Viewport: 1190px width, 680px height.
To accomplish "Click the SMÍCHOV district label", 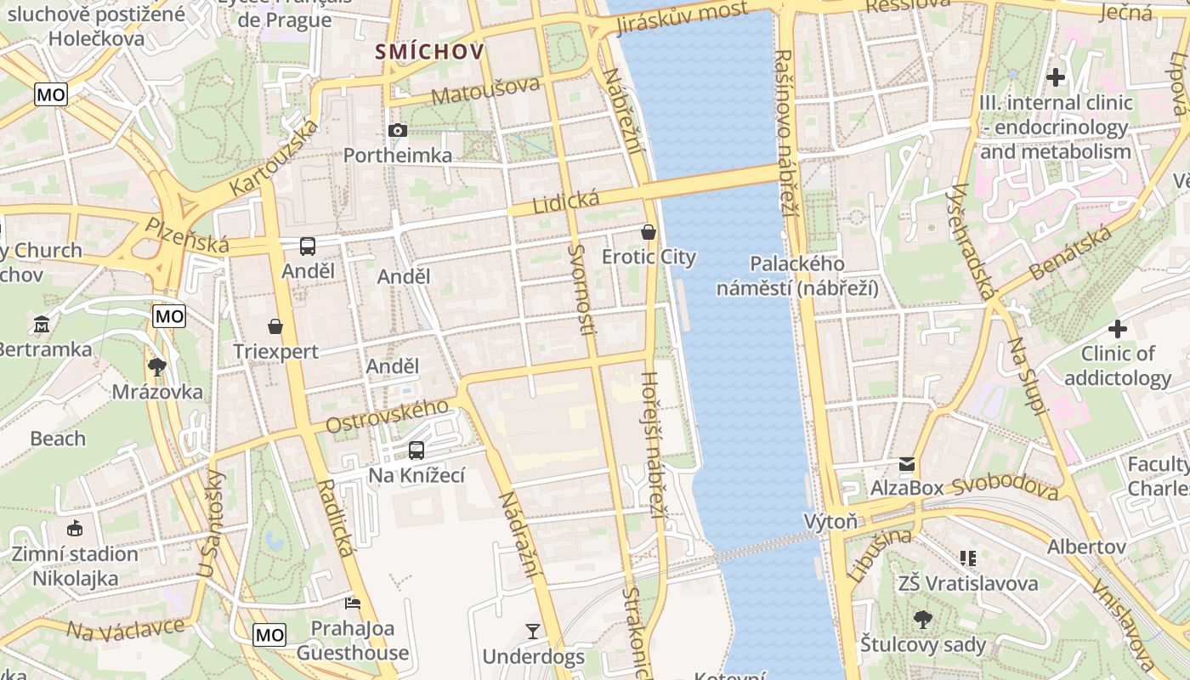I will point(430,52).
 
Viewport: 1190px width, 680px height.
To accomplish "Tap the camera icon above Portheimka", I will point(397,130).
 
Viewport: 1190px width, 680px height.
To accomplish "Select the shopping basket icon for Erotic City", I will point(649,231).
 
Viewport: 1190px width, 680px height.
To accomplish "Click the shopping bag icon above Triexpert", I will point(275,326).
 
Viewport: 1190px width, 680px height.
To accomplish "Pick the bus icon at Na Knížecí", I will point(416,450).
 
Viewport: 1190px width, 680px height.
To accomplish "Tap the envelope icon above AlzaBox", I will point(907,464).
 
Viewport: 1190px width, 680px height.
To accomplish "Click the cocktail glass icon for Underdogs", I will point(533,631).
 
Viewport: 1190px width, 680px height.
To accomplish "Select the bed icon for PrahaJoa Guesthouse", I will point(353,603).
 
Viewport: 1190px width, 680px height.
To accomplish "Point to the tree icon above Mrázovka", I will point(156,367).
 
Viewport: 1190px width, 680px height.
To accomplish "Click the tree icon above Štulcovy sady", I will point(922,619).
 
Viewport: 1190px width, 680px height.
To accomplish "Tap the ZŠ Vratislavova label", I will point(968,583).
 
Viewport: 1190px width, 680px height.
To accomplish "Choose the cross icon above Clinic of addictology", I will point(1118,328).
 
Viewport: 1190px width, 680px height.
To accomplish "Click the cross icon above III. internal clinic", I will point(1056,77).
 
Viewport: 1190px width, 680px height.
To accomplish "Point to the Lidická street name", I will point(565,202).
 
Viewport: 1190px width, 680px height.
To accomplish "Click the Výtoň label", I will point(830,521).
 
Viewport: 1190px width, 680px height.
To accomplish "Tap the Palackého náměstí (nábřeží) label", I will point(797,276).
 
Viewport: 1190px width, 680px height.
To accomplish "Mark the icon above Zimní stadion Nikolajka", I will point(75,528).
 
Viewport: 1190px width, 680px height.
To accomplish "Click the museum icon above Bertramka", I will point(41,325).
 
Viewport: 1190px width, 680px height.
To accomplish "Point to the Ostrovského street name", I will point(387,416).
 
